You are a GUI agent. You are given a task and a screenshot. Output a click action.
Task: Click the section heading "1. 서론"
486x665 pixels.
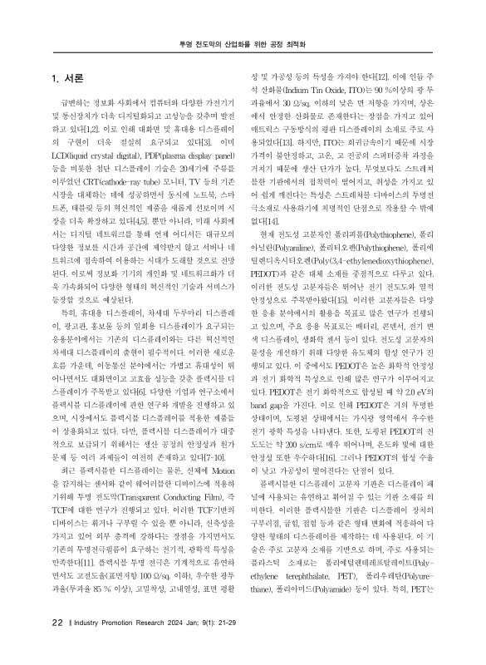pos(68,79)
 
